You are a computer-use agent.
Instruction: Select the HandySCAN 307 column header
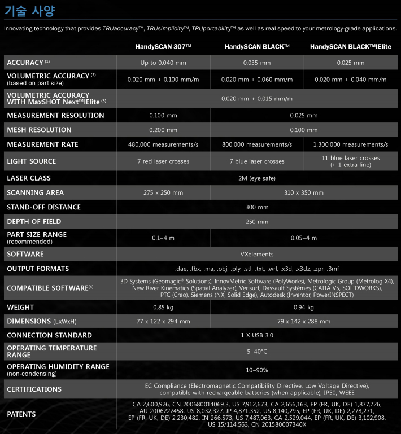(163, 47)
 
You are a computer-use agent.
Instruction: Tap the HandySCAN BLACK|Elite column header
(351, 47)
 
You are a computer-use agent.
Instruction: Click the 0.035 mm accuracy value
(258, 63)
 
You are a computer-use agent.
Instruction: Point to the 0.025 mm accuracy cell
(351, 63)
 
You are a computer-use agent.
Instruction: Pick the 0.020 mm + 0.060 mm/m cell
(258, 80)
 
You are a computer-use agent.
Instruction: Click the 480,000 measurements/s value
(163, 144)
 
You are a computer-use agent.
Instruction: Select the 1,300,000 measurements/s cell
(351, 144)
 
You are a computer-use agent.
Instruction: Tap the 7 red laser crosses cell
(163, 161)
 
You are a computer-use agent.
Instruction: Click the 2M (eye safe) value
(258, 178)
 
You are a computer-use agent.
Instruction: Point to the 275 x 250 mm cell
(163, 192)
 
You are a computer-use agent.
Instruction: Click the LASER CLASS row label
(33, 178)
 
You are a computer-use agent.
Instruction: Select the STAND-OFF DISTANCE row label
(43, 207)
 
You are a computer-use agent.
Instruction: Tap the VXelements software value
(258, 254)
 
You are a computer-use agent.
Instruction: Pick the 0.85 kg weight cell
(163, 307)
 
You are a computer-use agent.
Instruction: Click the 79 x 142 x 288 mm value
(304, 321)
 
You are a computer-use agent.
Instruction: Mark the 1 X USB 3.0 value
(258, 335)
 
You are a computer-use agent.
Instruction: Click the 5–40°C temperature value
(258, 351)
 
